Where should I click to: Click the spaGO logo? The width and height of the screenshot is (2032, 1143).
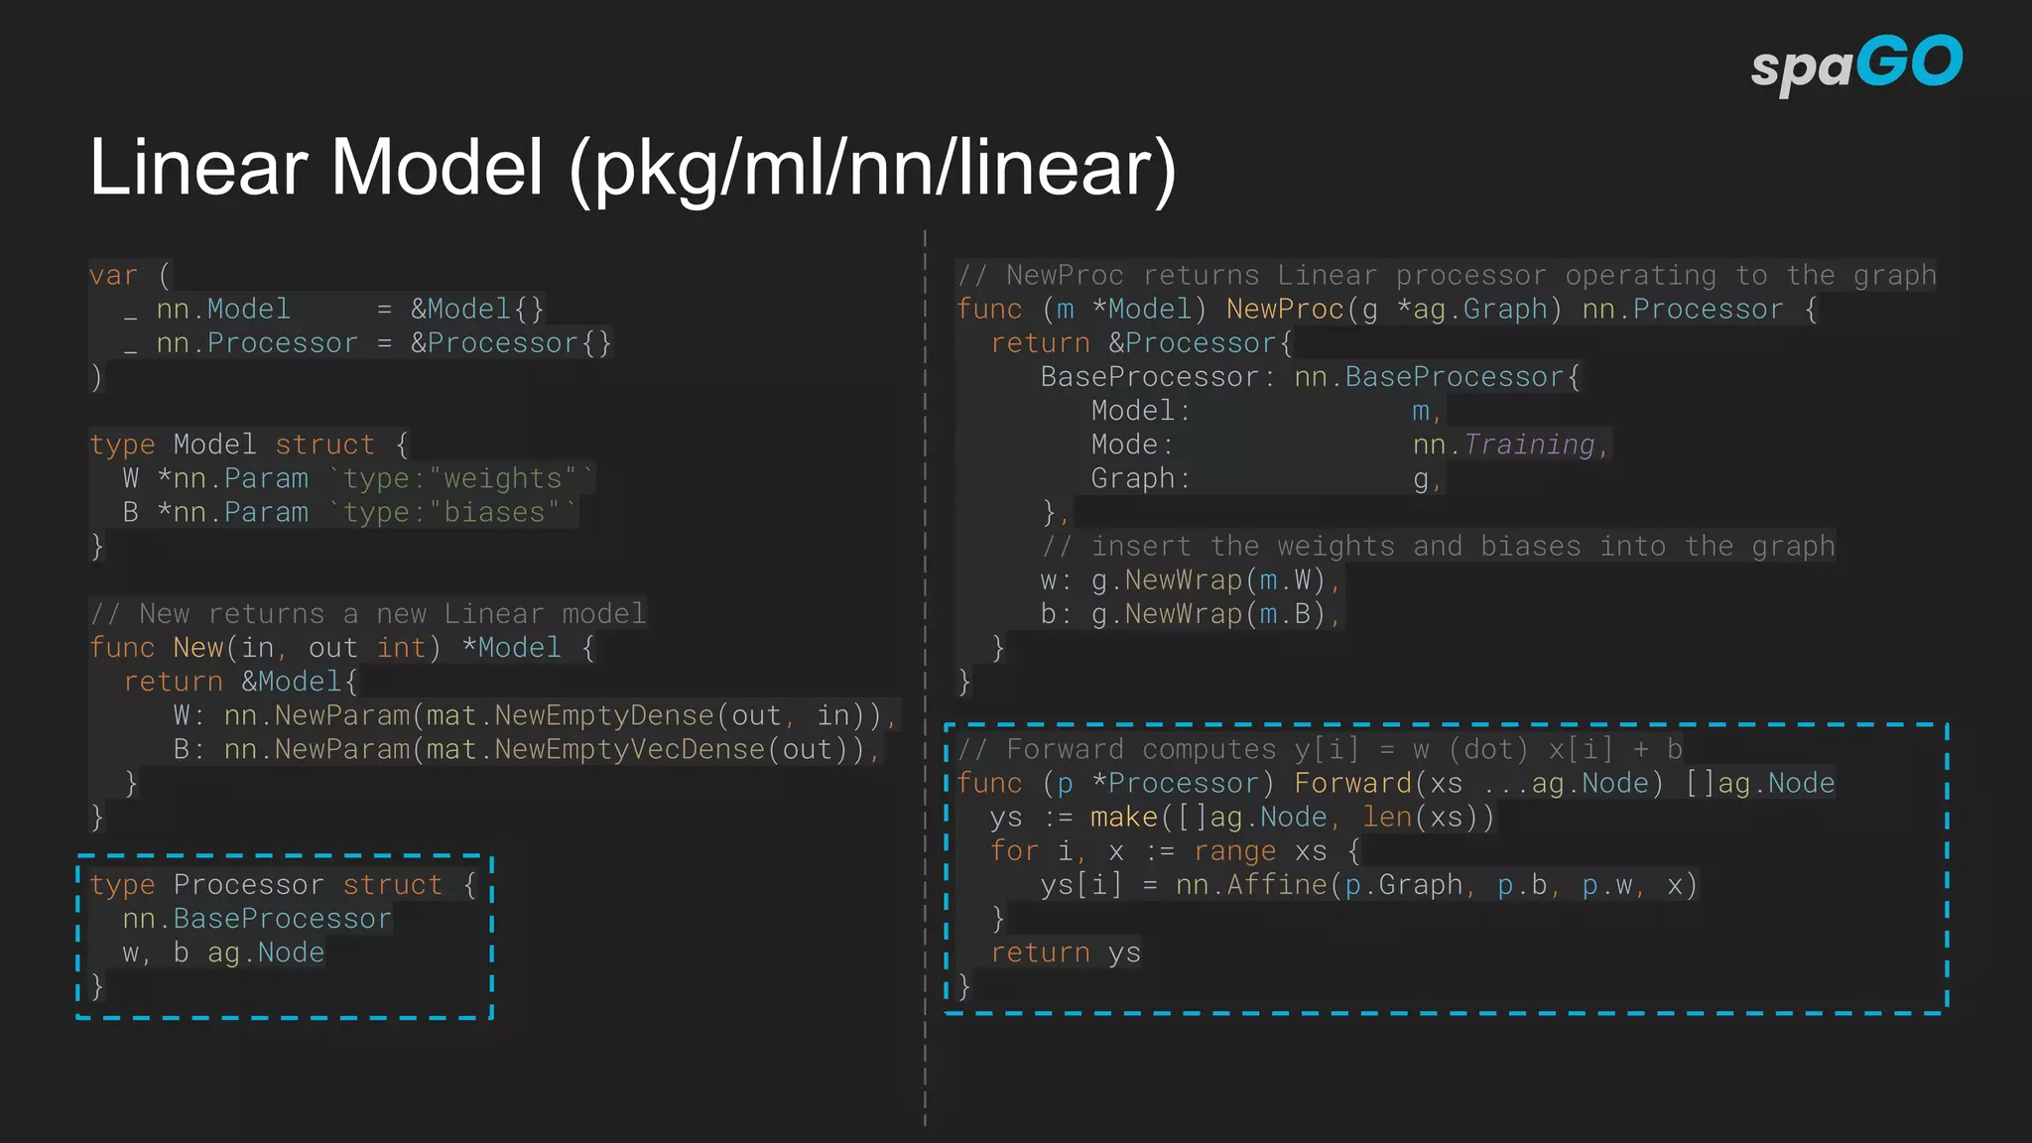pos(1855,64)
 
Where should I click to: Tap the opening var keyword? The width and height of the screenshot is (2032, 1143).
pos(113,275)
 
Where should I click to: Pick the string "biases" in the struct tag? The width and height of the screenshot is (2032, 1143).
pos(494,512)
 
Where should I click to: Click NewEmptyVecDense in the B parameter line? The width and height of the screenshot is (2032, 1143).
pos(629,749)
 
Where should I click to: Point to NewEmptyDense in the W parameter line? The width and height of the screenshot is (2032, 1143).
pos(604,715)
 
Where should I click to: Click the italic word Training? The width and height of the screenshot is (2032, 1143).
pos(1529,444)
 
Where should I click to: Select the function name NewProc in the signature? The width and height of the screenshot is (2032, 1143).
pos(1284,310)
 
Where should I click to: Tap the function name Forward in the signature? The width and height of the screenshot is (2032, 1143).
pos(1352,783)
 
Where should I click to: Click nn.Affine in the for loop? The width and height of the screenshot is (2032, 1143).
pos(1251,884)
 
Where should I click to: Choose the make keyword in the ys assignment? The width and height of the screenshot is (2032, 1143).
pos(1123,817)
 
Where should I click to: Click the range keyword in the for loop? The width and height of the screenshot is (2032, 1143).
pos(1234,850)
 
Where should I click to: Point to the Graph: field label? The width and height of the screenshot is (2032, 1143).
pos(1140,478)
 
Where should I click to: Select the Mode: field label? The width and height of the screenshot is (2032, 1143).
pos(1132,444)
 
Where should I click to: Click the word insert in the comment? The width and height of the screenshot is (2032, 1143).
pos(1140,546)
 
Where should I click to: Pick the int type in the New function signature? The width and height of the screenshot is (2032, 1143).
pos(401,648)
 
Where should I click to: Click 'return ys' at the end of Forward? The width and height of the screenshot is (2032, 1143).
pos(1065,952)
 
